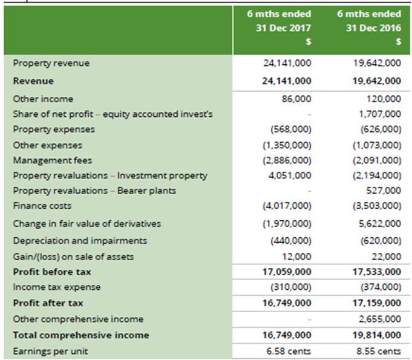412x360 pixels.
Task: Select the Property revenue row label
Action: click(51, 64)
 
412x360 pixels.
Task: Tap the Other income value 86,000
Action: click(296, 99)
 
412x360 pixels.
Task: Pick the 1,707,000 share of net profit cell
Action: click(380, 114)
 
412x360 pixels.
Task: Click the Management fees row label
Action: click(53, 160)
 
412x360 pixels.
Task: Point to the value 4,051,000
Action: click(290, 175)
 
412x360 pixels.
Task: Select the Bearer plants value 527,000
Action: click(384, 191)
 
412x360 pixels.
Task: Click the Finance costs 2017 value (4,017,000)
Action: click(287, 206)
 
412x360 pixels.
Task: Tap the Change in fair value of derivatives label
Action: click(87, 224)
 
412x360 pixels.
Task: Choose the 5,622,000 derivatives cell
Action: click(380, 224)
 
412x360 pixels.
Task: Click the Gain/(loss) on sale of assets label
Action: click(73, 257)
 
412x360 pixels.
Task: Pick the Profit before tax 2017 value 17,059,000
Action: click(287, 272)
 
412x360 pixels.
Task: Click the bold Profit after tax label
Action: click(48, 303)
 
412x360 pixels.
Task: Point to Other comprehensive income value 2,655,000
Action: click(380, 319)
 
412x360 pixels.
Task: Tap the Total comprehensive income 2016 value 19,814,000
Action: click(377, 335)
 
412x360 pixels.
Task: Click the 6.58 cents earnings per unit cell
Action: click(289, 351)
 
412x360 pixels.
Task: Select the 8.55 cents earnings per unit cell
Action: click(379, 351)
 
